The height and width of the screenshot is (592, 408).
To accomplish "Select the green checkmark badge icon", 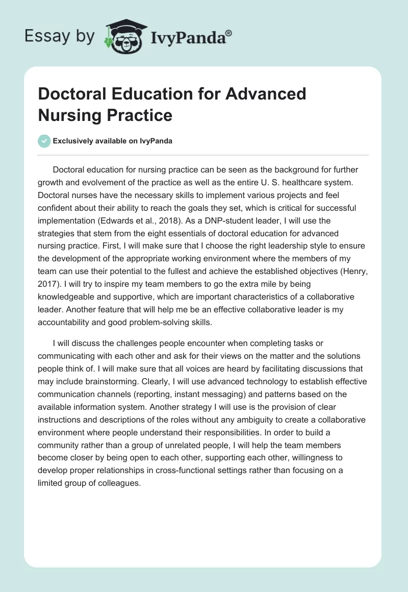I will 44,141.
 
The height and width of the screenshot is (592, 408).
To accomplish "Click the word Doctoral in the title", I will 71,94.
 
